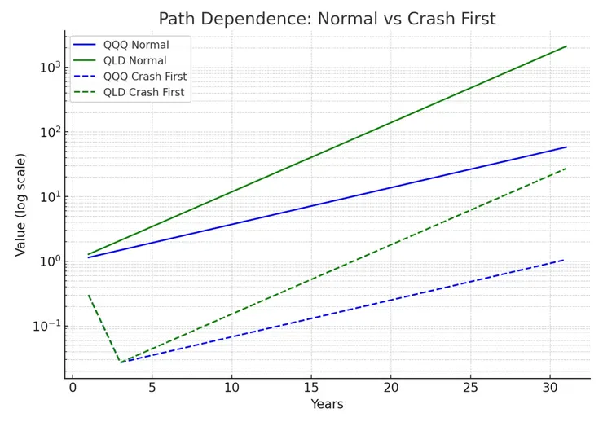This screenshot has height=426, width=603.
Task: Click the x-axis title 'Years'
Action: (327, 405)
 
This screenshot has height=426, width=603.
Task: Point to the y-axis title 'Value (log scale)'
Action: (21, 204)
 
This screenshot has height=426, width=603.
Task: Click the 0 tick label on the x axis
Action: (73, 387)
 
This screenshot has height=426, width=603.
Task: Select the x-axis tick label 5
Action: (152, 387)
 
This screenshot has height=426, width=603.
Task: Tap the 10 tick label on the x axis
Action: (231, 387)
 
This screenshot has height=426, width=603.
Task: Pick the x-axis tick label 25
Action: (470, 387)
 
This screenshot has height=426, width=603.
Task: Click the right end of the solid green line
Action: (566, 46)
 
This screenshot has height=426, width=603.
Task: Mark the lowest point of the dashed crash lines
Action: (121, 362)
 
